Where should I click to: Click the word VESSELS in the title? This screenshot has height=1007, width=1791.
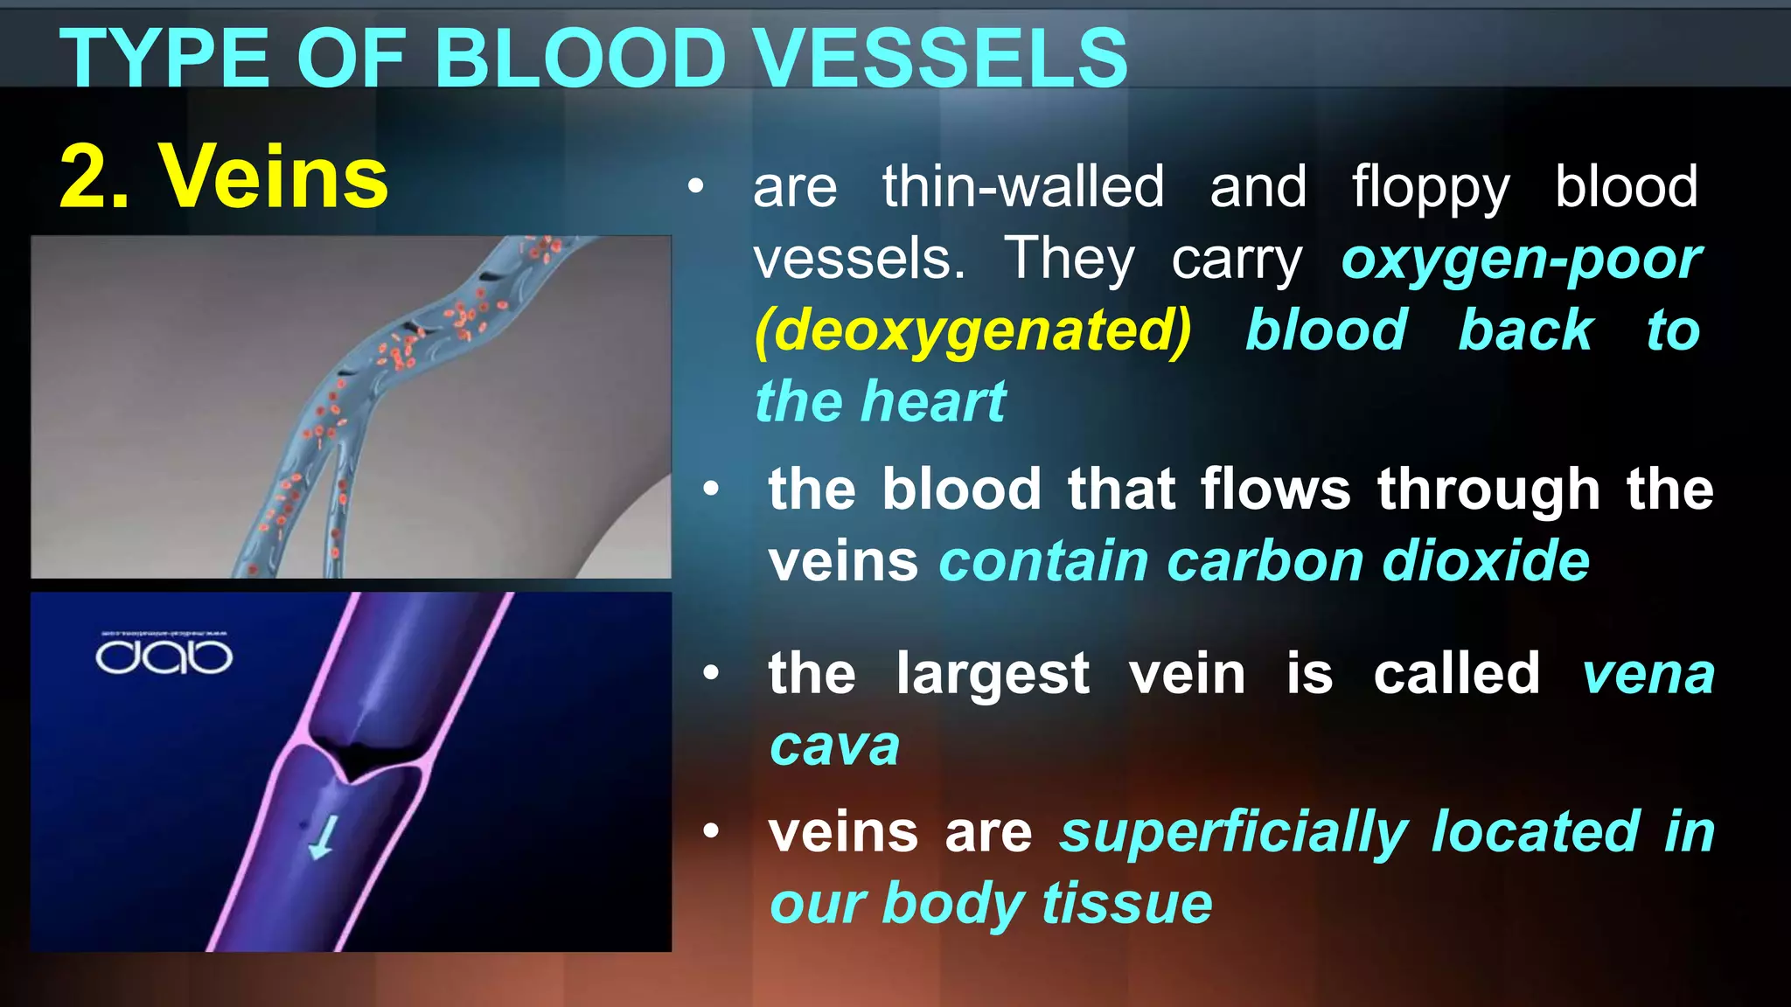pyautogui.click(x=941, y=59)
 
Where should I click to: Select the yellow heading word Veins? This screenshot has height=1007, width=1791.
pyautogui.click(x=273, y=177)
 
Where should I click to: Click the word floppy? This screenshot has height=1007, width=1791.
pyautogui.click(x=1431, y=188)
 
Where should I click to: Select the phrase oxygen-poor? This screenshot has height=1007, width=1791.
pyautogui.click(x=1522, y=260)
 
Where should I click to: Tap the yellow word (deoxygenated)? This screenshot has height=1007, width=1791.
pyautogui.click(x=973, y=330)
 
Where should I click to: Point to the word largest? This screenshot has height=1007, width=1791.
pyautogui.click(x=993, y=675)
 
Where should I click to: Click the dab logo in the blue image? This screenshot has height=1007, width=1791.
pyautogui.click(x=164, y=656)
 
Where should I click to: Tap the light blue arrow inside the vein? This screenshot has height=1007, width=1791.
pyautogui.click(x=323, y=837)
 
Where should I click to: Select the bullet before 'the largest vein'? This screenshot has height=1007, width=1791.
pyautogui.click(x=711, y=673)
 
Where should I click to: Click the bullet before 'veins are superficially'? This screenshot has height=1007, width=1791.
pyautogui.click(x=711, y=831)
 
